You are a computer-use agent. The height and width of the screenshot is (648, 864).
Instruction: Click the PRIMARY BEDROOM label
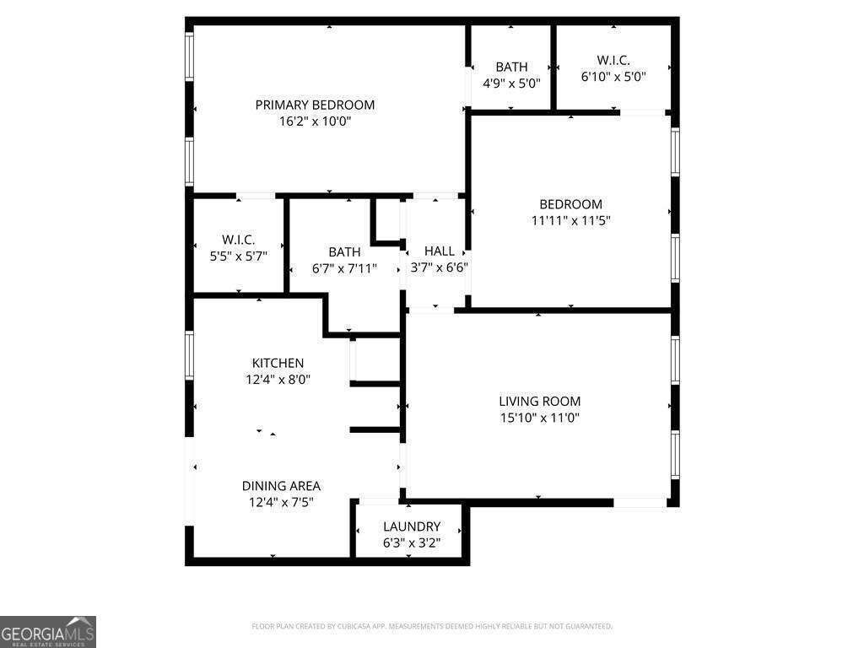click(x=315, y=105)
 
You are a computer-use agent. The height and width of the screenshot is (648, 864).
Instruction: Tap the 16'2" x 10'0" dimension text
click(x=315, y=121)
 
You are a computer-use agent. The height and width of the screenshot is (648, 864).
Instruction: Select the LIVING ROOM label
click(x=539, y=401)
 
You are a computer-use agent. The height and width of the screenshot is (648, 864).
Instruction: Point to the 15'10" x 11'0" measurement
click(x=539, y=418)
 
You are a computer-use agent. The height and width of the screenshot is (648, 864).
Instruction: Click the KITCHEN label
click(x=278, y=363)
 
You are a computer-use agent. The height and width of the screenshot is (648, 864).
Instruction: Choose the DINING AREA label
click(x=281, y=486)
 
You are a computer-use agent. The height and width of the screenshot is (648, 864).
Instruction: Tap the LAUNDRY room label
click(x=412, y=526)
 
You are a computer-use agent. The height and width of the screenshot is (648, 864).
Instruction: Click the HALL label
click(x=439, y=251)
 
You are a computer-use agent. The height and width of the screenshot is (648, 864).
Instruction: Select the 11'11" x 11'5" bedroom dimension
click(x=571, y=220)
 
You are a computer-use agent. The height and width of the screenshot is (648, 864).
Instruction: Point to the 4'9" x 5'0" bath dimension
click(x=511, y=84)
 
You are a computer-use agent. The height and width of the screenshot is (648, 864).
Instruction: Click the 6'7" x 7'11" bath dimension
click(x=344, y=268)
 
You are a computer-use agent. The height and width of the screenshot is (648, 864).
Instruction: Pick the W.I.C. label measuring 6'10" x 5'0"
click(x=613, y=60)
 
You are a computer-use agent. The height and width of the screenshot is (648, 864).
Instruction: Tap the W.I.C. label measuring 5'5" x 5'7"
click(x=238, y=240)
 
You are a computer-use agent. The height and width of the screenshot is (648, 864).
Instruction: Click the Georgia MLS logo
click(x=48, y=631)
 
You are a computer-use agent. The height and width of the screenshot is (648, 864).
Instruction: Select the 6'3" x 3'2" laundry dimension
click(x=412, y=543)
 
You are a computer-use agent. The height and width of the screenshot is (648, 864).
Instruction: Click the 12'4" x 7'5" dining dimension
click(x=281, y=503)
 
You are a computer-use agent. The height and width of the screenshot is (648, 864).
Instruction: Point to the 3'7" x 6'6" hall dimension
click(x=439, y=267)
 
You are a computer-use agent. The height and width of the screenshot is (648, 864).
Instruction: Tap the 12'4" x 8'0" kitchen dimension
click(x=278, y=380)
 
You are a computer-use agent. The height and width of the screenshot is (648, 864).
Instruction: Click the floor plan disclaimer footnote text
click(x=432, y=626)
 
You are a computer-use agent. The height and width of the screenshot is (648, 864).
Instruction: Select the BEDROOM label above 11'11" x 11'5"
click(x=571, y=204)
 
